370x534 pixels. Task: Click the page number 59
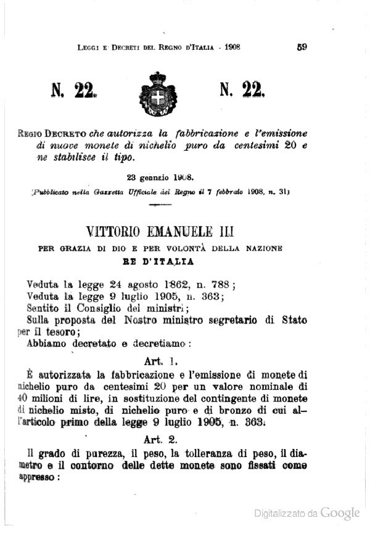click(302, 46)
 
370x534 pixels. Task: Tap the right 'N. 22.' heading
click(242, 92)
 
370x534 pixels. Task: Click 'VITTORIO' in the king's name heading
click(117, 232)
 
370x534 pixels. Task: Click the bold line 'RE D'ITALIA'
click(157, 261)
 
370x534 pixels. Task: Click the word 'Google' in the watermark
click(340, 512)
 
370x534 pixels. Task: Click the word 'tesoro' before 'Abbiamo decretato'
click(57, 332)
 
